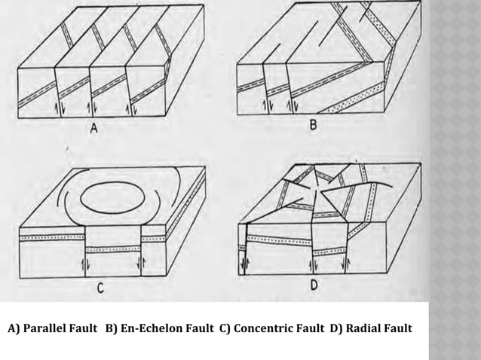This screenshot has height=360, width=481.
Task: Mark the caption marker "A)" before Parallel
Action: (14, 330)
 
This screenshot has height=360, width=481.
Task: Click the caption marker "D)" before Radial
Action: (337, 330)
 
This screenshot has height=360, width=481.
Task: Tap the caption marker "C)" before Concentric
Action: (228, 330)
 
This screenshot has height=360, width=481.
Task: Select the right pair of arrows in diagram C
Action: (140, 264)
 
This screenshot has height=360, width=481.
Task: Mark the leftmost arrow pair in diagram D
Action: (244, 263)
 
